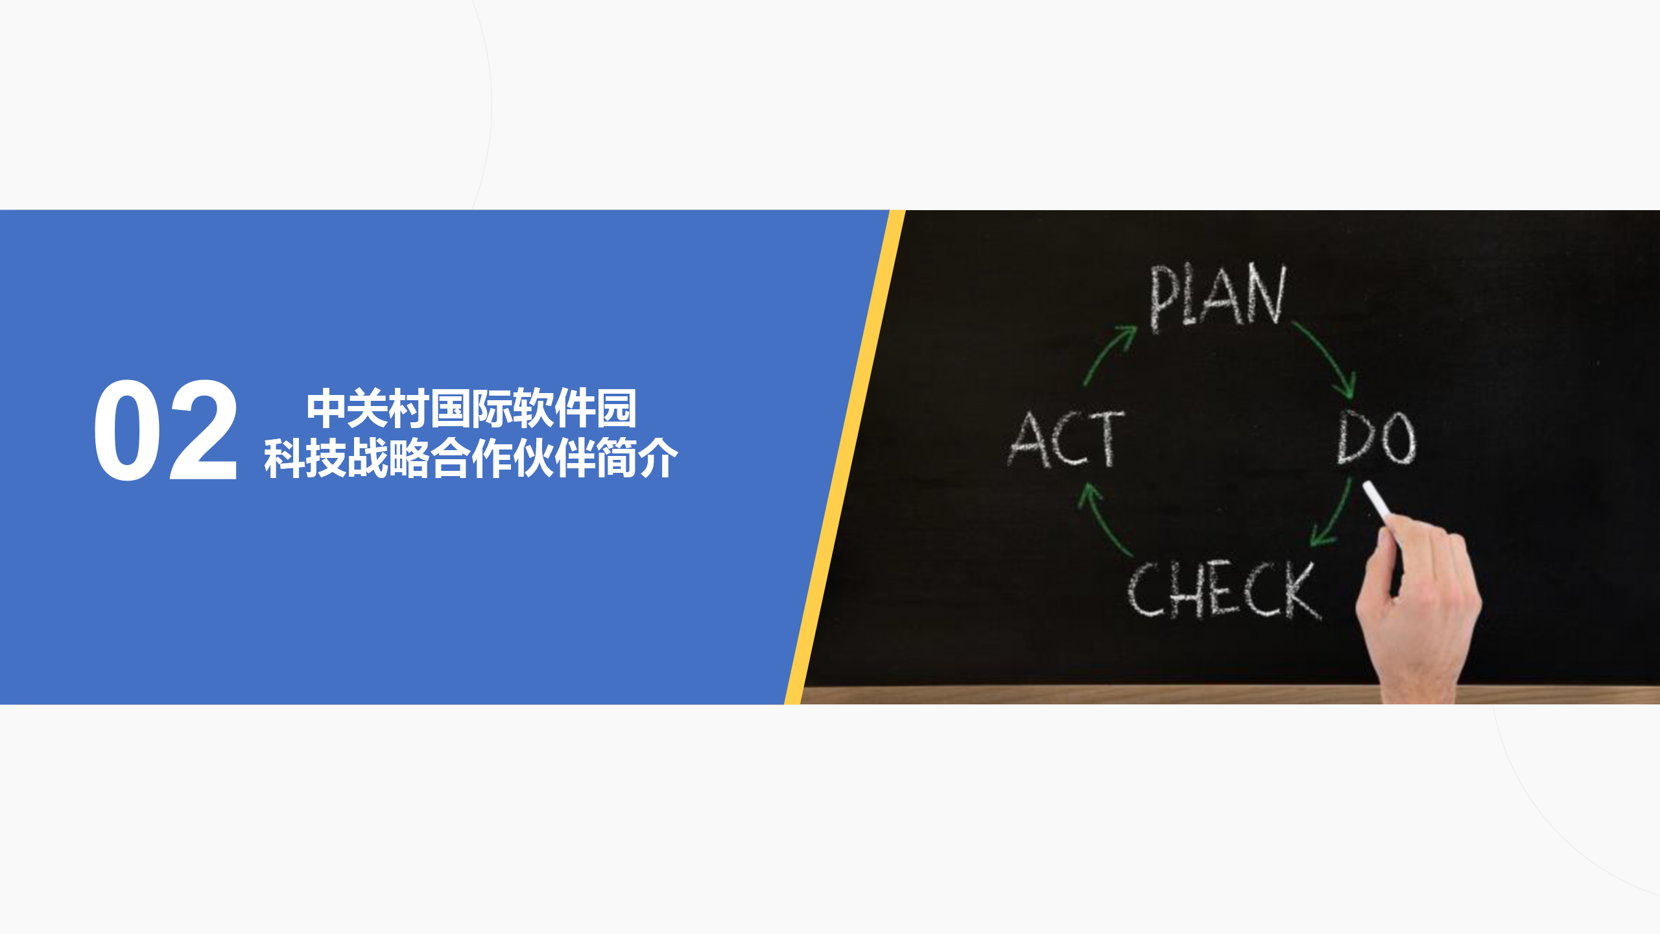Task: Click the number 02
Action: click(166, 430)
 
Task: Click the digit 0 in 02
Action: click(127, 430)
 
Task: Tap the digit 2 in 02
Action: click(203, 429)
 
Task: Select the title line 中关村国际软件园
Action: click(471, 409)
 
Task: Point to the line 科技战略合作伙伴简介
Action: click(471, 458)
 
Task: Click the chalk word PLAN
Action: click(1217, 298)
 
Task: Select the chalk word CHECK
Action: click(1224, 589)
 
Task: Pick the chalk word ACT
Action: click(1067, 439)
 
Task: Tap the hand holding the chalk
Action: click(1420, 610)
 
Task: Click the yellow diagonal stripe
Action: click(845, 457)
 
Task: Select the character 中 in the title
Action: click(326, 409)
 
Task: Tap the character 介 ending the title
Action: click(658, 458)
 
